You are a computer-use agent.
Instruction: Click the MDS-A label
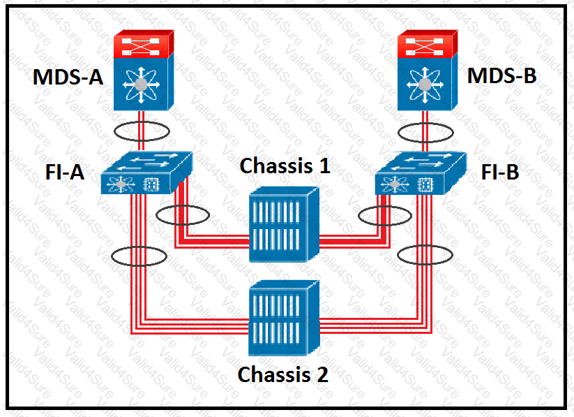pyautogui.click(x=68, y=77)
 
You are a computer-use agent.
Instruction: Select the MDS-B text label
pyautogui.click(x=502, y=75)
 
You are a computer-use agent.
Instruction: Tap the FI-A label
pyautogui.click(x=65, y=172)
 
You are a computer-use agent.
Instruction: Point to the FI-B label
pyautogui.click(x=500, y=172)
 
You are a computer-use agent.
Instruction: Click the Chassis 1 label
pyautogui.click(x=285, y=166)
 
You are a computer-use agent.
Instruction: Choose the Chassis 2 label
pyautogui.click(x=283, y=374)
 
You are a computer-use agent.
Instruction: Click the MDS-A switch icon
pyautogui.click(x=144, y=70)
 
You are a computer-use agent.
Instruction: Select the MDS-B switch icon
pyautogui.click(x=428, y=70)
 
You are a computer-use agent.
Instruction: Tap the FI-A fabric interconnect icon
pyautogui.click(x=146, y=173)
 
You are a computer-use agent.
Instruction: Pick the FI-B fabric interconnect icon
pyautogui.click(x=421, y=173)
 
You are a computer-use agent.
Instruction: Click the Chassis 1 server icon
pyautogui.click(x=284, y=225)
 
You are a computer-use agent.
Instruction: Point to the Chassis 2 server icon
pyautogui.click(x=284, y=318)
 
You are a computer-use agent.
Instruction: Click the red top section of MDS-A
pyautogui.click(x=143, y=44)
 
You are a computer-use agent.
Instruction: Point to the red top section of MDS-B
pyautogui.click(x=427, y=44)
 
